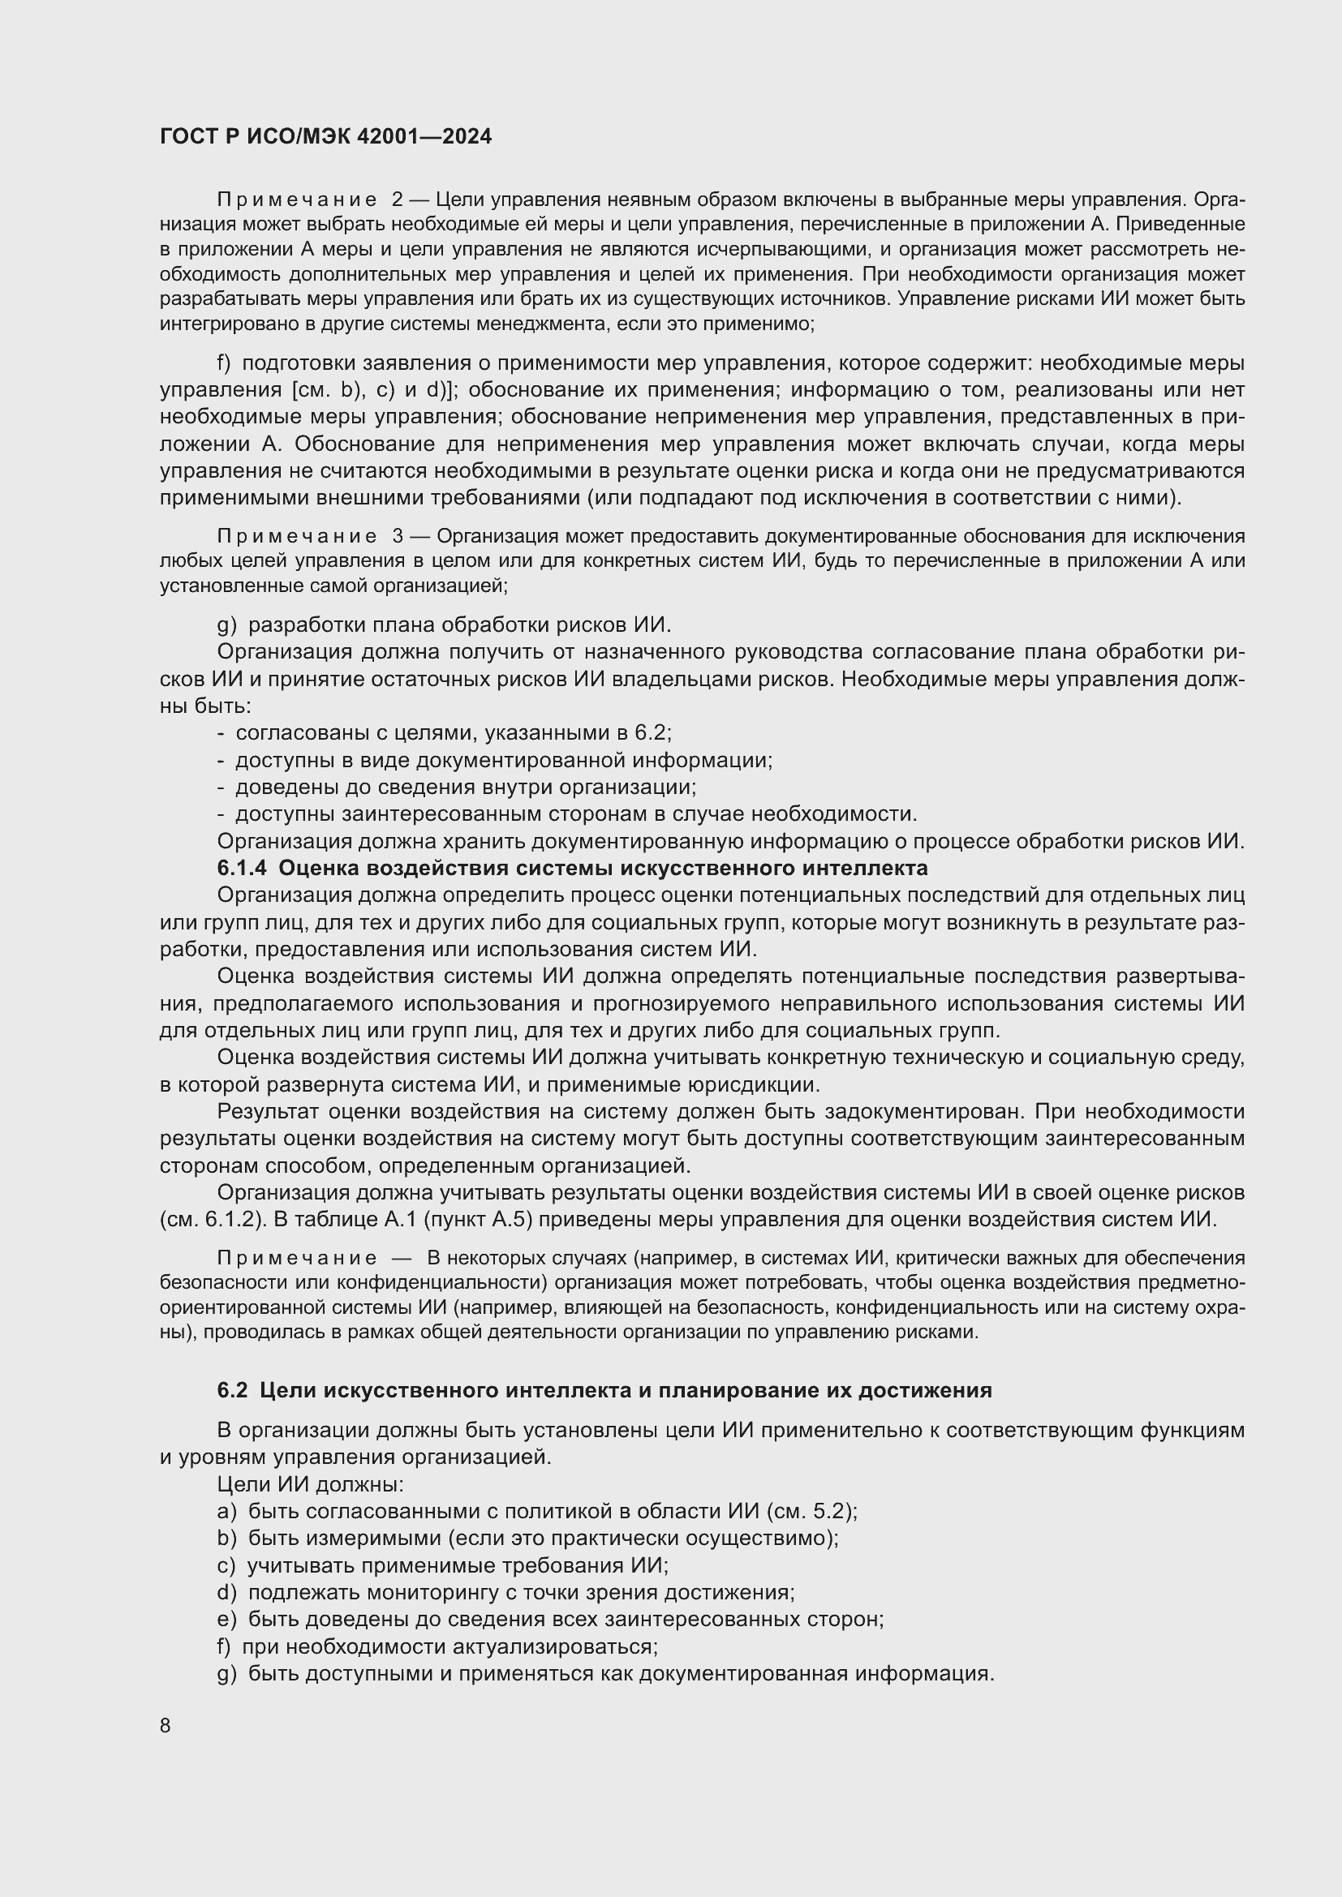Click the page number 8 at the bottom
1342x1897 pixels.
pyautogui.click(x=166, y=1726)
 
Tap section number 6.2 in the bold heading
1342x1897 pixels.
pyautogui.click(x=232, y=1391)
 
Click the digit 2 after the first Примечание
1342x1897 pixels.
pyautogui.click(x=398, y=200)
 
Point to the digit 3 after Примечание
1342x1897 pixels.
pyautogui.click(x=398, y=536)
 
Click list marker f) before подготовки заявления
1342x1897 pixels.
pyautogui.click(x=224, y=363)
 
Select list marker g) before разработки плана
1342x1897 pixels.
pyautogui.click(x=226, y=624)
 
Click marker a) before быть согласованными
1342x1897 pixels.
pyautogui.click(x=226, y=1511)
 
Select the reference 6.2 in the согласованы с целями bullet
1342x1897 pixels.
pyautogui.click(x=652, y=733)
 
